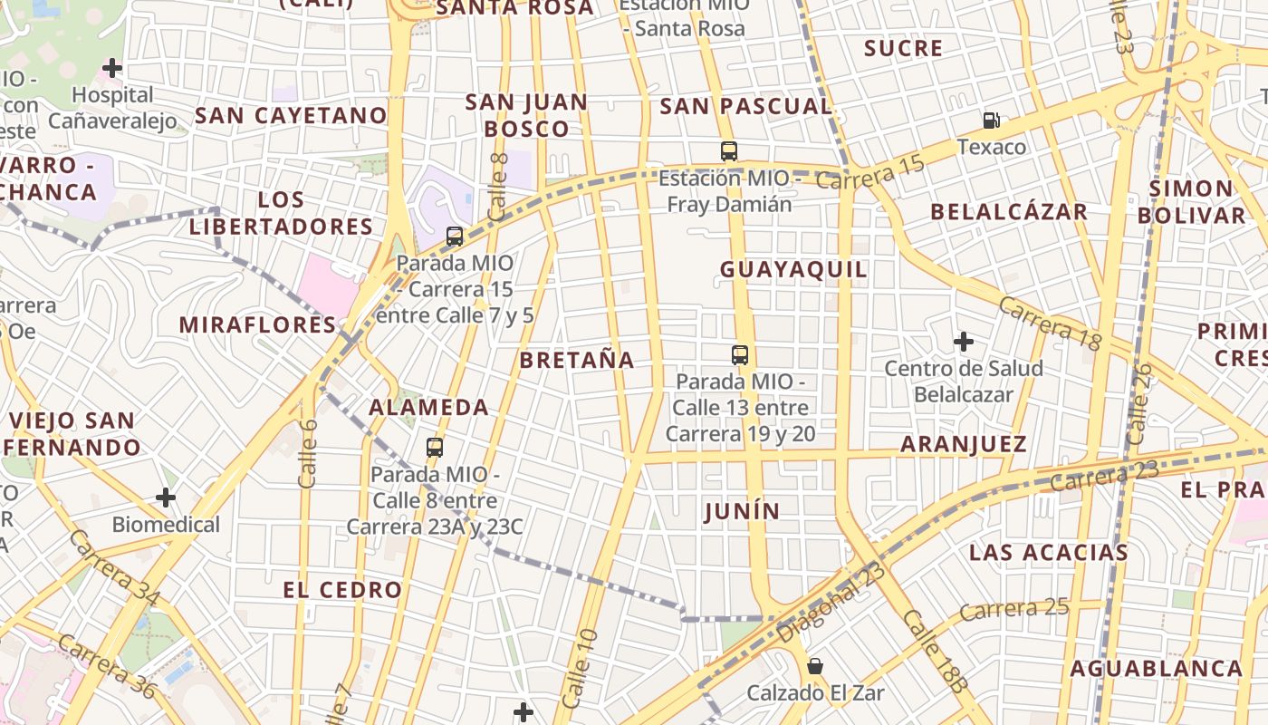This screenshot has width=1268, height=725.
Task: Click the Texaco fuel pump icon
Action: click(992, 120)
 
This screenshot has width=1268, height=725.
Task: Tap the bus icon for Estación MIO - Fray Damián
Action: click(729, 151)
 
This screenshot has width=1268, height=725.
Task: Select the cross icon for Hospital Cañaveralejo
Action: click(112, 68)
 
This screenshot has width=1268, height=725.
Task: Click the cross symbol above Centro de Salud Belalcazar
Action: click(964, 342)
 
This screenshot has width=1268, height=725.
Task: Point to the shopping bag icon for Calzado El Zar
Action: click(815, 666)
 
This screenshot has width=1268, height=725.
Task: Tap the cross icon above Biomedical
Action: click(166, 498)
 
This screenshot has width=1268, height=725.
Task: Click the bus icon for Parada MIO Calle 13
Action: click(740, 355)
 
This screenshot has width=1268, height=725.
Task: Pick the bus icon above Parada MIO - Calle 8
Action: click(435, 448)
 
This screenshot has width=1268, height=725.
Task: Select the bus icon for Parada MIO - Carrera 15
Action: click(455, 237)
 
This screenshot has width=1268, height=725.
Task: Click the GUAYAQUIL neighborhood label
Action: click(793, 269)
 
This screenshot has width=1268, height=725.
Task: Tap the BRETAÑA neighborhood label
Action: click(577, 360)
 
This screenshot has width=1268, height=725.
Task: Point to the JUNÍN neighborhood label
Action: click(742, 512)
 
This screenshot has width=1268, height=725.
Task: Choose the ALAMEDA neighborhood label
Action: click(428, 408)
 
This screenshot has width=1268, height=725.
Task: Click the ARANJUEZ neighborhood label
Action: click(963, 444)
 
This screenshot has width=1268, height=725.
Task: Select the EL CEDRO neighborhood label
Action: click(342, 590)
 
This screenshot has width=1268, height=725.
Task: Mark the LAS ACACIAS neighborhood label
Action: click(1048, 553)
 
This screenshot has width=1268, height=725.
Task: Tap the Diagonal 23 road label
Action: click(831, 602)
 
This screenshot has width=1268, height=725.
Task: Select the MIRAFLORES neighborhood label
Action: click(257, 324)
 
